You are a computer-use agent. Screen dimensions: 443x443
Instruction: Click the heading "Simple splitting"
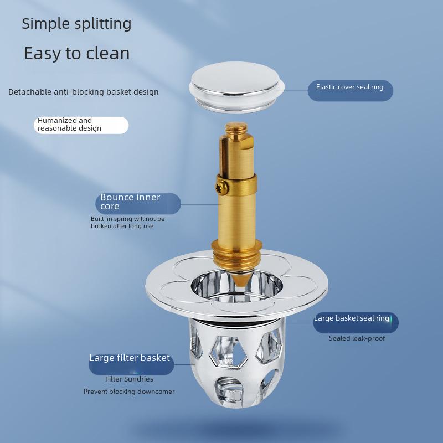point(76,24)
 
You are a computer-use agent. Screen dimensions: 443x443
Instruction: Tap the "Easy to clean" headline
point(77,53)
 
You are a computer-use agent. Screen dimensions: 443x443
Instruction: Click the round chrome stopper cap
point(236,86)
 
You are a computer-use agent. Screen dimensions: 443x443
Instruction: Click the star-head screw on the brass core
point(222,187)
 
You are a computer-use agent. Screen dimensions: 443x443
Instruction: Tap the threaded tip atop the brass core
point(236,128)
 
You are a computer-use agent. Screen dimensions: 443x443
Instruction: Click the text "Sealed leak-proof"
point(357,338)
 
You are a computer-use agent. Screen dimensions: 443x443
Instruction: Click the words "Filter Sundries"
point(129,379)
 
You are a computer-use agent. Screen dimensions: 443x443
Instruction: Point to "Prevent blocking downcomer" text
point(129,392)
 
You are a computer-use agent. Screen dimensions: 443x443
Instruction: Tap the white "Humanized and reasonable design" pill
point(81,125)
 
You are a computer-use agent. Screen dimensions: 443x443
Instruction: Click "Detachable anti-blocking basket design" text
point(84,92)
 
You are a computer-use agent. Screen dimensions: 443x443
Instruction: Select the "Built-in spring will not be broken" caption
point(127,223)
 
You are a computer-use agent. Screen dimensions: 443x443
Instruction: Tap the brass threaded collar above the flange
point(237,254)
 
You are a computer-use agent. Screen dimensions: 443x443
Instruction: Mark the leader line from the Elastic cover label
point(296,91)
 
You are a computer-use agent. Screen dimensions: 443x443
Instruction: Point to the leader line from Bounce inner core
point(200,204)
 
